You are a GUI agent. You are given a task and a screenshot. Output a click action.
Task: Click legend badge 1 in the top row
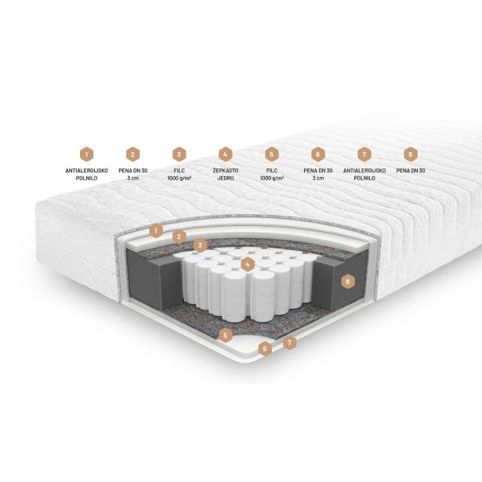tap(87, 154)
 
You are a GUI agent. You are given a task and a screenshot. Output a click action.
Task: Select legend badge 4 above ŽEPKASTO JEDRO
tap(225, 154)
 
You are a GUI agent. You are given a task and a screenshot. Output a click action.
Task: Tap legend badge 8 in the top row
tap(411, 154)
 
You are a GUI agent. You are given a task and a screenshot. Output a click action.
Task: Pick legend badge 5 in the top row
tap(272, 154)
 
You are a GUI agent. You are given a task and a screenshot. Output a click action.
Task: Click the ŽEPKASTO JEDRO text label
tap(225, 174)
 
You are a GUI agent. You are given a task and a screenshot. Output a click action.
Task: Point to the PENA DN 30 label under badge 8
tap(411, 171)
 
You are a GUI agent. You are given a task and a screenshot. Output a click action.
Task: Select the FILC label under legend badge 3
tap(179, 171)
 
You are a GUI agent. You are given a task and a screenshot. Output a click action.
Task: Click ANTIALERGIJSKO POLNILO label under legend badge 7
tap(364, 174)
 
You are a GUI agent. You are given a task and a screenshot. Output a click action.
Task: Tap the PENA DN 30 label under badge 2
tap(133, 171)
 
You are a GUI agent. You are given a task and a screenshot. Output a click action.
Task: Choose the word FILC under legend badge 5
tap(272, 171)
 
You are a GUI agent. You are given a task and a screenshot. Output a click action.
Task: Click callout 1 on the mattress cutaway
tap(156, 230)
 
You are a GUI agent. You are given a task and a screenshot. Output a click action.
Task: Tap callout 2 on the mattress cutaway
tap(179, 237)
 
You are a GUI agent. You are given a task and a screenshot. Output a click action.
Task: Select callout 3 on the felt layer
tap(200, 245)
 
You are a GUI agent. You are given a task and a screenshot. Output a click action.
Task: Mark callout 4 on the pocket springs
tap(248, 264)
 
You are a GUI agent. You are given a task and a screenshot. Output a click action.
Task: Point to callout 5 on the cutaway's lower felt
tap(225, 335)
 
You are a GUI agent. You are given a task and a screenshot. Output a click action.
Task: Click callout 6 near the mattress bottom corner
tap(265, 349)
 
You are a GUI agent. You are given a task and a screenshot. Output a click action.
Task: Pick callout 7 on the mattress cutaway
tap(289, 342)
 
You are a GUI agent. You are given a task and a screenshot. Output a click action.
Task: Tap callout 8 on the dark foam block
tap(348, 281)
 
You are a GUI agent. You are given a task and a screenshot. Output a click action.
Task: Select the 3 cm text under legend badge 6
tap(318, 178)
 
